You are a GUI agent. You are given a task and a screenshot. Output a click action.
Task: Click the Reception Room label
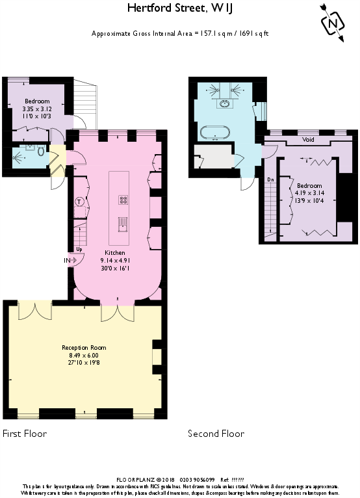84,348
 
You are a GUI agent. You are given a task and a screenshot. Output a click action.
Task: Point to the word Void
309,140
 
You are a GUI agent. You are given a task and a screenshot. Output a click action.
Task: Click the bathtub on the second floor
215,133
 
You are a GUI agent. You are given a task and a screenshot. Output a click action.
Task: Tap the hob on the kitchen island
123,200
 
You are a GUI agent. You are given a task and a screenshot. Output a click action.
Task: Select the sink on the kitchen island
123,224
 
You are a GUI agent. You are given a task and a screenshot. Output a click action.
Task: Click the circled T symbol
79,202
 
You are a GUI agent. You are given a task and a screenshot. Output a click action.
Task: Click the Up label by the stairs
79,248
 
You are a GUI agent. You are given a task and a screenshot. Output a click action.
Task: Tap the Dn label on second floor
271,179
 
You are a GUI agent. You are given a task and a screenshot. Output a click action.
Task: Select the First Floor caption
25,433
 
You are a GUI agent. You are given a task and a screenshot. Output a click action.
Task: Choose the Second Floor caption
216,434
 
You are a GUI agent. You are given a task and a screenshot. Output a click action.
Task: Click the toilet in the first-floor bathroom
41,152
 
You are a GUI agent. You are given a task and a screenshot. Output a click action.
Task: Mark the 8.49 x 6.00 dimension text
84,356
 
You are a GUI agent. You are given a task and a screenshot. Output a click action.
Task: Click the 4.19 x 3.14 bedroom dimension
308,193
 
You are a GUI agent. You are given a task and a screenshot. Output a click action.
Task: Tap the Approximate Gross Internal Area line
180,33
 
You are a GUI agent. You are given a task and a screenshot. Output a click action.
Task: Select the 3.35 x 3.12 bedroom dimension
37,109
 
